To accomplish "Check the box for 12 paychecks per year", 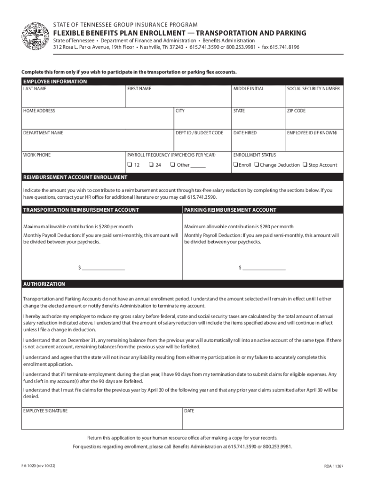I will click(129, 165).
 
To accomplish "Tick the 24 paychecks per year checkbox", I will click(150, 165).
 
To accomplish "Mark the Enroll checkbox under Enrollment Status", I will click(235, 165).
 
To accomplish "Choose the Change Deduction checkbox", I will click(256, 165).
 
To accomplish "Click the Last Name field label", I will click(35, 89).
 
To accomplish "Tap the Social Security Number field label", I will click(313, 89).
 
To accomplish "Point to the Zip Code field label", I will click(296, 111).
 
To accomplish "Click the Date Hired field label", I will click(245, 133).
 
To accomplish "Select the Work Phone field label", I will click(36, 155).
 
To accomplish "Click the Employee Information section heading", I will click(55, 82).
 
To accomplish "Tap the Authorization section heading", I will click(44, 284).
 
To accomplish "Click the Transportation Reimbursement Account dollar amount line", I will click(103, 268).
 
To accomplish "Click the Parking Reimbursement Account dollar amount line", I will click(264, 268).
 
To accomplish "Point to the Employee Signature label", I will click(45, 411).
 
